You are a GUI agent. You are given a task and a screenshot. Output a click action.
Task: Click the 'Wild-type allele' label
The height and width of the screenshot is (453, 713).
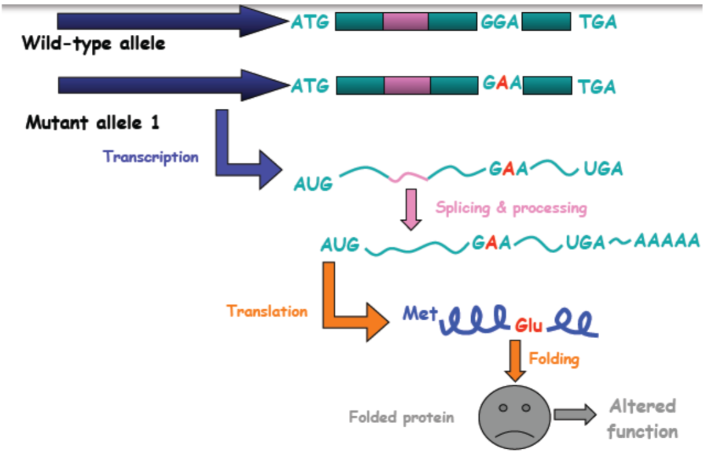click(94, 44)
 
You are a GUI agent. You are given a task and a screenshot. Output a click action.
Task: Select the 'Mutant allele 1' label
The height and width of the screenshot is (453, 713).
click(92, 123)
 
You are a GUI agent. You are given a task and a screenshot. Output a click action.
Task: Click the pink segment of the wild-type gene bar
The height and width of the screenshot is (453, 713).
click(405, 22)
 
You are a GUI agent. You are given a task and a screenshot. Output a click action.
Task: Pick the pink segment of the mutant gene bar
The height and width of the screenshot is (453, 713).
click(407, 85)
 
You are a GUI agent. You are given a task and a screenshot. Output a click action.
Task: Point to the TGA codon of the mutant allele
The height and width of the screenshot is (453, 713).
click(597, 86)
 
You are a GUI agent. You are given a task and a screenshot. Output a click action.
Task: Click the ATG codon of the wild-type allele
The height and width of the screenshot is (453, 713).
click(310, 23)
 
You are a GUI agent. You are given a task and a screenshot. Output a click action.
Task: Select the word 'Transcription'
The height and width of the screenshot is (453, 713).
click(151, 157)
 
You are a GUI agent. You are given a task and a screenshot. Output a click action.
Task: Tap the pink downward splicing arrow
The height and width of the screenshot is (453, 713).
click(411, 208)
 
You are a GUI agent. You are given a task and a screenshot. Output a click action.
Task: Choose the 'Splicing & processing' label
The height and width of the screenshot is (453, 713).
click(511, 208)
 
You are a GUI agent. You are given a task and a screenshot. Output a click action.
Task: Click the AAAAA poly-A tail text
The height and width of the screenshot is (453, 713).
click(666, 241)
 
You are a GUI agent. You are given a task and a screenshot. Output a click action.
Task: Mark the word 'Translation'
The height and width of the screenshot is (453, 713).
click(267, 311)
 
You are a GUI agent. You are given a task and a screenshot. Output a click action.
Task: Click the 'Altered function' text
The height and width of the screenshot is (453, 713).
click(643, 419)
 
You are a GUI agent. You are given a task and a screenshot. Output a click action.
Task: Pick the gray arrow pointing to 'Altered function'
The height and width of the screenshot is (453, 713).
click(574, 415)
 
